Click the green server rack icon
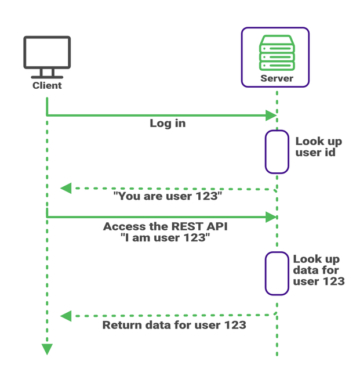pos(277,52)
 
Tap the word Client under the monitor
pos(47,86)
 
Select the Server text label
pos(277,78)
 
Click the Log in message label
pos(168,124)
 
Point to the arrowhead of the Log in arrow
pos(271,115)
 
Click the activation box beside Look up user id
pos(277,151)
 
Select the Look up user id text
pos(318,147)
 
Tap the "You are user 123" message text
pos(168,196)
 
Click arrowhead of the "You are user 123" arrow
pos(66,189)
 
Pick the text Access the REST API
pos(165,226)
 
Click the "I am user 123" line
pos(165,239)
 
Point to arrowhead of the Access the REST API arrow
pos(271,217)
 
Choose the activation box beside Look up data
pos(277,273)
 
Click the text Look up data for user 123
pos(318,270)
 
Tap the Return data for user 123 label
pos(174,325)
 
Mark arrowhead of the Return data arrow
pos(66,316)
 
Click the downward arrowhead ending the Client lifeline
pos(47,349)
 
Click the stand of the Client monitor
pos(47,74)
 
